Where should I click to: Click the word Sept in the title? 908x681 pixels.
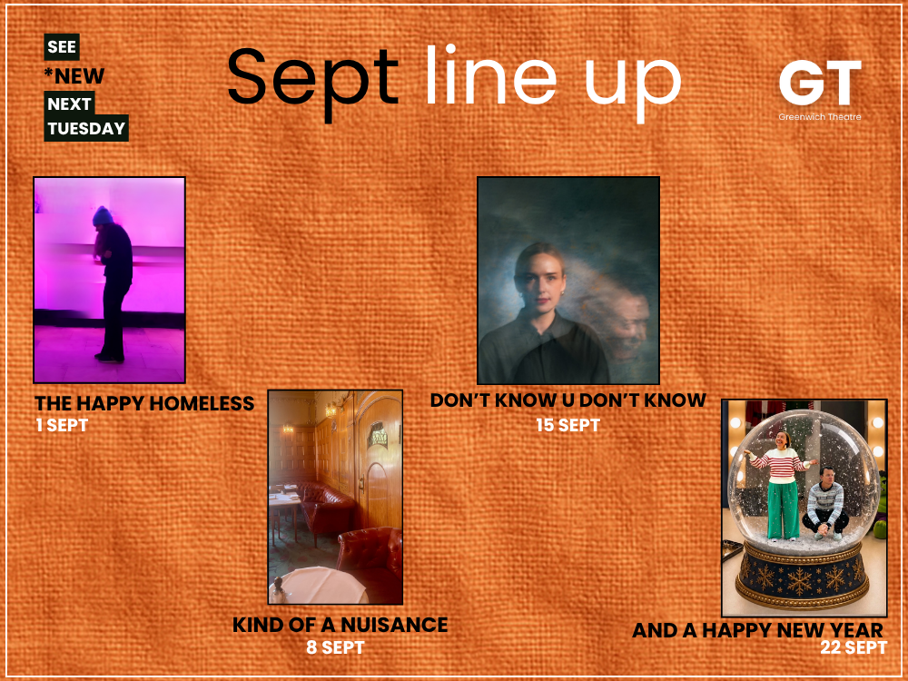click(312, 80)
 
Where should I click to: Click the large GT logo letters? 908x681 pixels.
click(820, 83)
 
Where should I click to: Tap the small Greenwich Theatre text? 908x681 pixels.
click(819, 117)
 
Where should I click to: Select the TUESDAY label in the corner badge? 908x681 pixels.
click(86, 128)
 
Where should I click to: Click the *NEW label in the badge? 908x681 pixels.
click(74, 76)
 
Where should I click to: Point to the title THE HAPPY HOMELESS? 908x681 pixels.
click(144, 403)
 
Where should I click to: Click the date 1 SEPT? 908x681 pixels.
click(62, 425)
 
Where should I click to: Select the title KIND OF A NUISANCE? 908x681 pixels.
click(340, 625)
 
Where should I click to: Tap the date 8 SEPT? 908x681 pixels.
click(335, 646)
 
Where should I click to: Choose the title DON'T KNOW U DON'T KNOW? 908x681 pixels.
click(568, 400)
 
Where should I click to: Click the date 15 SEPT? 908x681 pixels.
click(568, 425)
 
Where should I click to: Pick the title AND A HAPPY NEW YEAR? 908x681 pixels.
click(757, 630)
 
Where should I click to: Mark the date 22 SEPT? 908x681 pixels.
click(854, 647)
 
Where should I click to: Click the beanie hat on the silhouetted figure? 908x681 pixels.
click(103, 215)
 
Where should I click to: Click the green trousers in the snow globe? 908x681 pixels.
click(783, 509)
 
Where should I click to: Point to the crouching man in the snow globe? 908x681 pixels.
click(824, 504)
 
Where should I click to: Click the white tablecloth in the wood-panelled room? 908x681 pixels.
click(318, 585)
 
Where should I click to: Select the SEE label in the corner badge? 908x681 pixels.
click(62, 47)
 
